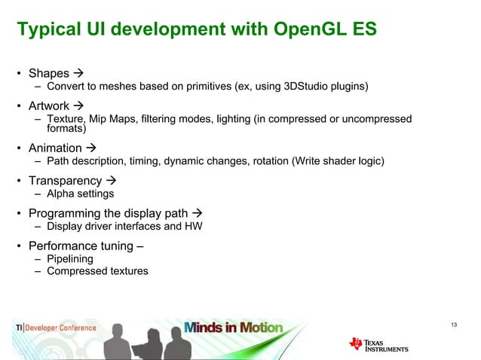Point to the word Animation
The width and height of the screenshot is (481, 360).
[x=56, y=148]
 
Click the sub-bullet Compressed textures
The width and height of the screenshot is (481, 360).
[x=97, y=271]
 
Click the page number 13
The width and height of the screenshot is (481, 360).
[x=453, y=325]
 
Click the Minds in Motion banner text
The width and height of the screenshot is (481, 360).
[x=234, y=328]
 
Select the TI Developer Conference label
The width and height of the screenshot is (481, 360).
[x=57, y=328]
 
